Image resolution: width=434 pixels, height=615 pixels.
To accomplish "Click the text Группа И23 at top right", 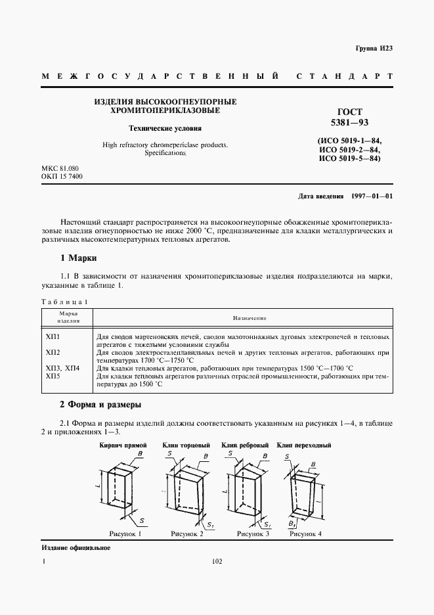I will click(373, 49).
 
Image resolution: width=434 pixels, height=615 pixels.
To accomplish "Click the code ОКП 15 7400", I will click(62, 177).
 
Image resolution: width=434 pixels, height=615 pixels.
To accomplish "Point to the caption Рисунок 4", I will click(305, 534).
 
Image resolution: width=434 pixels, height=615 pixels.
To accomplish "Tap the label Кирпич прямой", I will click(122, 445).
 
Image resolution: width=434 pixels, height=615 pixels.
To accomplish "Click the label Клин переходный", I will click(304, 445).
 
